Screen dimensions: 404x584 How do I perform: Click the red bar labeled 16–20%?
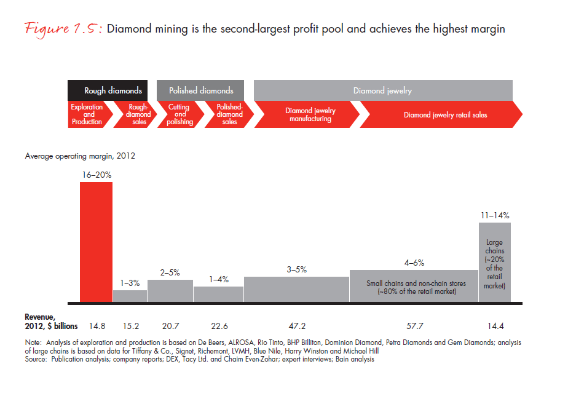pyautogui.click(x=96, y=242)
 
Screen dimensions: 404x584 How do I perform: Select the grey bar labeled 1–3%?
pyautogui.click(x=130, y=296)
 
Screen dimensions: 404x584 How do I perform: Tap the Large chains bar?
pyautogui.click(x=494, y=262)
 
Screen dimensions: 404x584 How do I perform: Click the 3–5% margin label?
pyautogui.click(x=296, y=269)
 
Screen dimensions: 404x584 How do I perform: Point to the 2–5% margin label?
pyautogui.click(x=170, y=272)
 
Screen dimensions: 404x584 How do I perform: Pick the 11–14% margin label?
pyautogui.click(x=494, y=215)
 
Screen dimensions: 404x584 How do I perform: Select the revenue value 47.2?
pyautogui.click(x=296, y=325)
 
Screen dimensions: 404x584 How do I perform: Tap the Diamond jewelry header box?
pyautogui.click(x=382, y=90)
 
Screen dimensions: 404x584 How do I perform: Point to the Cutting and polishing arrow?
pyautogui.click(x=180, y=114)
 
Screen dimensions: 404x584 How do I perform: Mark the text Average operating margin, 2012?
pyautogui.click(x=80, y=156)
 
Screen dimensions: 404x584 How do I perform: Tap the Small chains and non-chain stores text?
pyautogui.click(x=416, y=283)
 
